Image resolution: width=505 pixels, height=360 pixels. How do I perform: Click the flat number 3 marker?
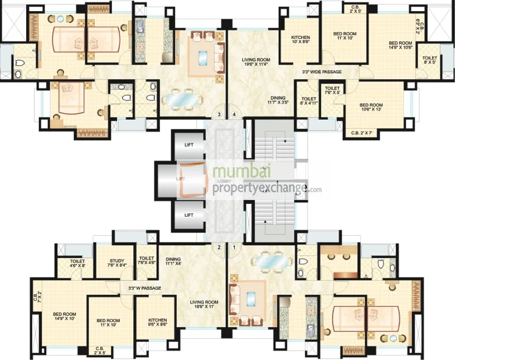(x=220, y=115)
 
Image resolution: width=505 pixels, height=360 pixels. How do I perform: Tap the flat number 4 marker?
(x=234, y=115)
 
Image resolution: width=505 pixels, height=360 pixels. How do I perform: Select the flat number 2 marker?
(x=220, y=247)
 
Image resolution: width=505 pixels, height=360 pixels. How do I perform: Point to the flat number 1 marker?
(x=234, y=247)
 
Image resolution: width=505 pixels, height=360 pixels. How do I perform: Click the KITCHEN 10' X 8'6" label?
(x=300, y=41)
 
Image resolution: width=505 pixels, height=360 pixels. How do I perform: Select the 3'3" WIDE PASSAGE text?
(x=322, y=72)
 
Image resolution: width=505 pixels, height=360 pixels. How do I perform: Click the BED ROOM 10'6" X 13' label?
(x=371, y=108)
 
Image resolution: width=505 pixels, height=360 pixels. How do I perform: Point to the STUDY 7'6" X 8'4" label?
(x=116, y=262)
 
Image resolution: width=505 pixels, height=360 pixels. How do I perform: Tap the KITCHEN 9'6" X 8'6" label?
(x=158, y=322)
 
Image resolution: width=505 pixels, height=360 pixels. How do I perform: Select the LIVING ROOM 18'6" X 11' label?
(x=203, y=304)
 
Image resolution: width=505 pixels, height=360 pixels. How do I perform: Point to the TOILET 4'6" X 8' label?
(x=77, y=264)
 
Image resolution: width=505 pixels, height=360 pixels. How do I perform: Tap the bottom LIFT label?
(x=189, y=215)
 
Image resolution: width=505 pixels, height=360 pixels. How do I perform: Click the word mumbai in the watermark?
(x=240, y=173)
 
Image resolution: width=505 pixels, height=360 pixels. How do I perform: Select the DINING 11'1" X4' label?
(x=173, y=261)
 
